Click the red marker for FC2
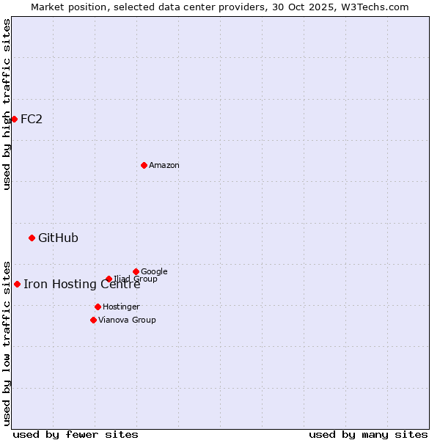pos(14,119)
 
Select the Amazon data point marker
pos(144,165)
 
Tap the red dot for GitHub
pos(32,238)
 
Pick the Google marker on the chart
pos(136,271)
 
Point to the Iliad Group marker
pos(109,279)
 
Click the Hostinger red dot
pos(98,307)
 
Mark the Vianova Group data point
pos(93,320)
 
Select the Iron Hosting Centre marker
pos(17,284)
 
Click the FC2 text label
pos(32,119)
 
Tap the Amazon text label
pos(164,165)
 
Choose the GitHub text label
pos(58,238)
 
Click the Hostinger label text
pos(121,307)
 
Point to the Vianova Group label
pos(127,320)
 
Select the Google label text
pos(154,271)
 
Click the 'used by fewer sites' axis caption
pos(76,434)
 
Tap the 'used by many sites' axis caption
pos(368,434)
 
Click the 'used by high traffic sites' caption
pos(7,104)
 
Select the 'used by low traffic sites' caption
pos(7,342)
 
